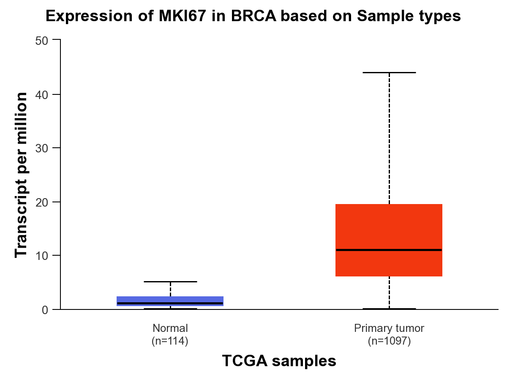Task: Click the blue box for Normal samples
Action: pos(170,301)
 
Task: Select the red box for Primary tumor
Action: pos(389,240)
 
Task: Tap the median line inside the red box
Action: pos(389,250)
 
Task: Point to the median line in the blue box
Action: pos(170,303)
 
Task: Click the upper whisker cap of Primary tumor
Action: pos(389,73)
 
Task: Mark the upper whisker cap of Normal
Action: pos(170,282)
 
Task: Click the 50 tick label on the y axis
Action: pos(41,41)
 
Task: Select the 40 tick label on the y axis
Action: pos(41,95)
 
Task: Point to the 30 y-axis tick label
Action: pos(41,148)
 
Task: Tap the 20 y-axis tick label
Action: pos(41,203)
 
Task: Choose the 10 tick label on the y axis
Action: pos(41,256)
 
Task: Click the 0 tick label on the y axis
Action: pos(45,310)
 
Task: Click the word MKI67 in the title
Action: pos(182,16)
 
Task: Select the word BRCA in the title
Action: pos(253,16)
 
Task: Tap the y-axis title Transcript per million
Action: pos(21,175)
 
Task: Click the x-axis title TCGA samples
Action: pos(279,361)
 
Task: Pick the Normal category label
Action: pos(170,328)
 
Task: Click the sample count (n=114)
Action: pos(170,341)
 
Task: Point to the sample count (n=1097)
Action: pos(389,341)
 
